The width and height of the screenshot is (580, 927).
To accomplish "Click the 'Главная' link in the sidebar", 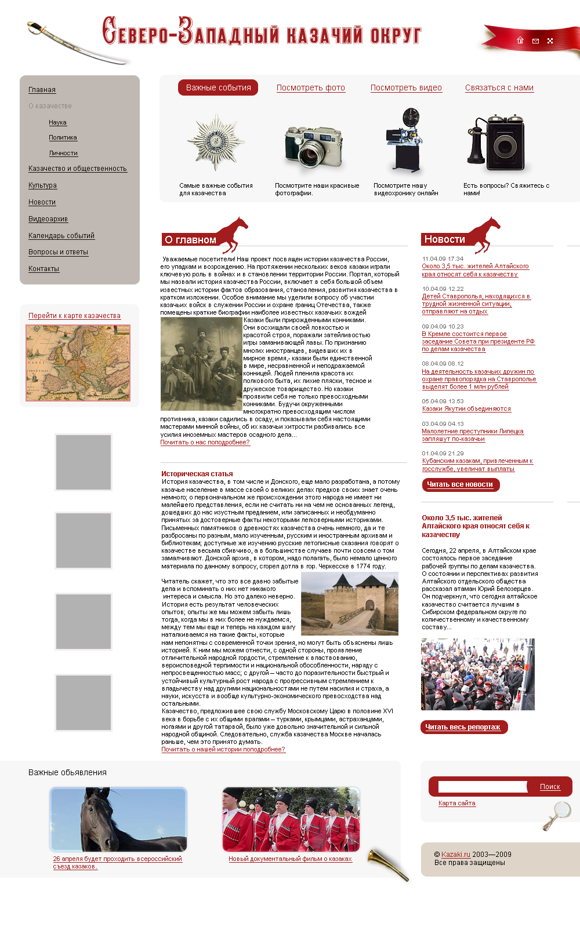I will tap(42, 90).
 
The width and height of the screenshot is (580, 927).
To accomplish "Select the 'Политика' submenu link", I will tap(63, 138).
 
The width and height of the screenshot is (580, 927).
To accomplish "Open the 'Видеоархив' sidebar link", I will tap(48, 219).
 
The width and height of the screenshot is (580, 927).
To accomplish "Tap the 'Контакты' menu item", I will tap(43, 269).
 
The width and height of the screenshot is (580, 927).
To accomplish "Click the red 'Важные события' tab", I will tap(218, 87).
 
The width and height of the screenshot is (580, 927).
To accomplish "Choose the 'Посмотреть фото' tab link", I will tap(310, 88).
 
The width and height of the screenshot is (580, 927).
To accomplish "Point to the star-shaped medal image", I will tap(216, 142).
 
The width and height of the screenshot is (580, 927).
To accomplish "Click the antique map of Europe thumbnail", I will tap(78, 363).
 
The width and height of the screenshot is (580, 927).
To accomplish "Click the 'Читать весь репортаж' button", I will tap(463, 727).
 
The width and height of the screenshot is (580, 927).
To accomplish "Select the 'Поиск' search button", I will tap(550, 787).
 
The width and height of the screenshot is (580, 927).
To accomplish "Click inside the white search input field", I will tap(482, 787).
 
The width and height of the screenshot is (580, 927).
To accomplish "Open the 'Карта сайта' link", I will tap(456, 804).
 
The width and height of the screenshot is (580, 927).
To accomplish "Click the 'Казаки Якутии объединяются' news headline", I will tap(466, 409).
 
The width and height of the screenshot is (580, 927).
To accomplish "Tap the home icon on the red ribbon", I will tap(520, 41).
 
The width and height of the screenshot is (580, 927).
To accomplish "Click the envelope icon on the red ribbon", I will tap(535, 41).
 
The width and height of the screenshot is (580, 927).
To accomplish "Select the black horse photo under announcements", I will tap(118, 819).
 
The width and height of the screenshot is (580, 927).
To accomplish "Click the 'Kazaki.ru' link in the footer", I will tap(456, 855).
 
